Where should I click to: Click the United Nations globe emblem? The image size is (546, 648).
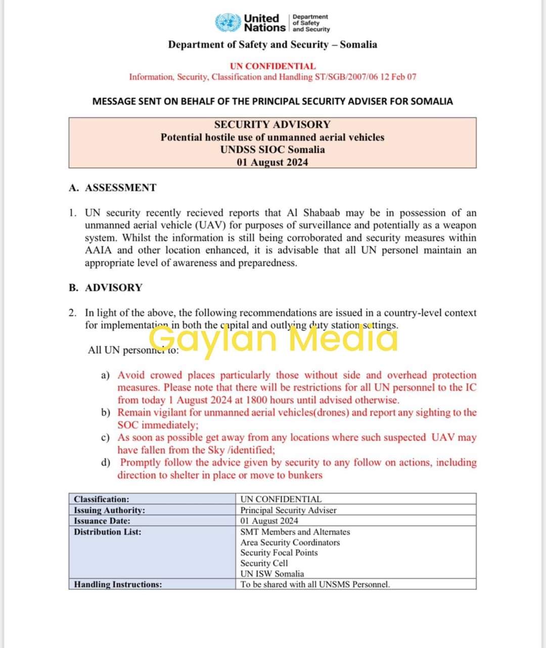click(229, 23)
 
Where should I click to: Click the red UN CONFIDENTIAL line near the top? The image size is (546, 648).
click(272, 66)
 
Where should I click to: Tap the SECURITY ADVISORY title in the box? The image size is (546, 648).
click(272, 124)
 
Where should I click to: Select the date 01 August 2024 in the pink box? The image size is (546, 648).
click(272, 162)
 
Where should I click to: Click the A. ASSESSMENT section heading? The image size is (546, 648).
click(113, 188)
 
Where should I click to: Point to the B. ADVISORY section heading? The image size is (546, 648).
click(106, 288)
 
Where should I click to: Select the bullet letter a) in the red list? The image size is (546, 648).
click(106, 375)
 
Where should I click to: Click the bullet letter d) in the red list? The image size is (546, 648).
click(106, 463)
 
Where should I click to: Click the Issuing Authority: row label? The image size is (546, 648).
click(109, 510)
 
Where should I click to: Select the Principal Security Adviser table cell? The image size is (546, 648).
click(288, 510)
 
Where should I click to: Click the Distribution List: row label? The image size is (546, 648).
click(108, 532)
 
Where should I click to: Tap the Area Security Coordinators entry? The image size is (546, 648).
click(290, 543)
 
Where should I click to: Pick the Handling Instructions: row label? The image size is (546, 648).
click(118, 585)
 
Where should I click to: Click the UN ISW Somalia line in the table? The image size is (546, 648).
click(272, 574)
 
